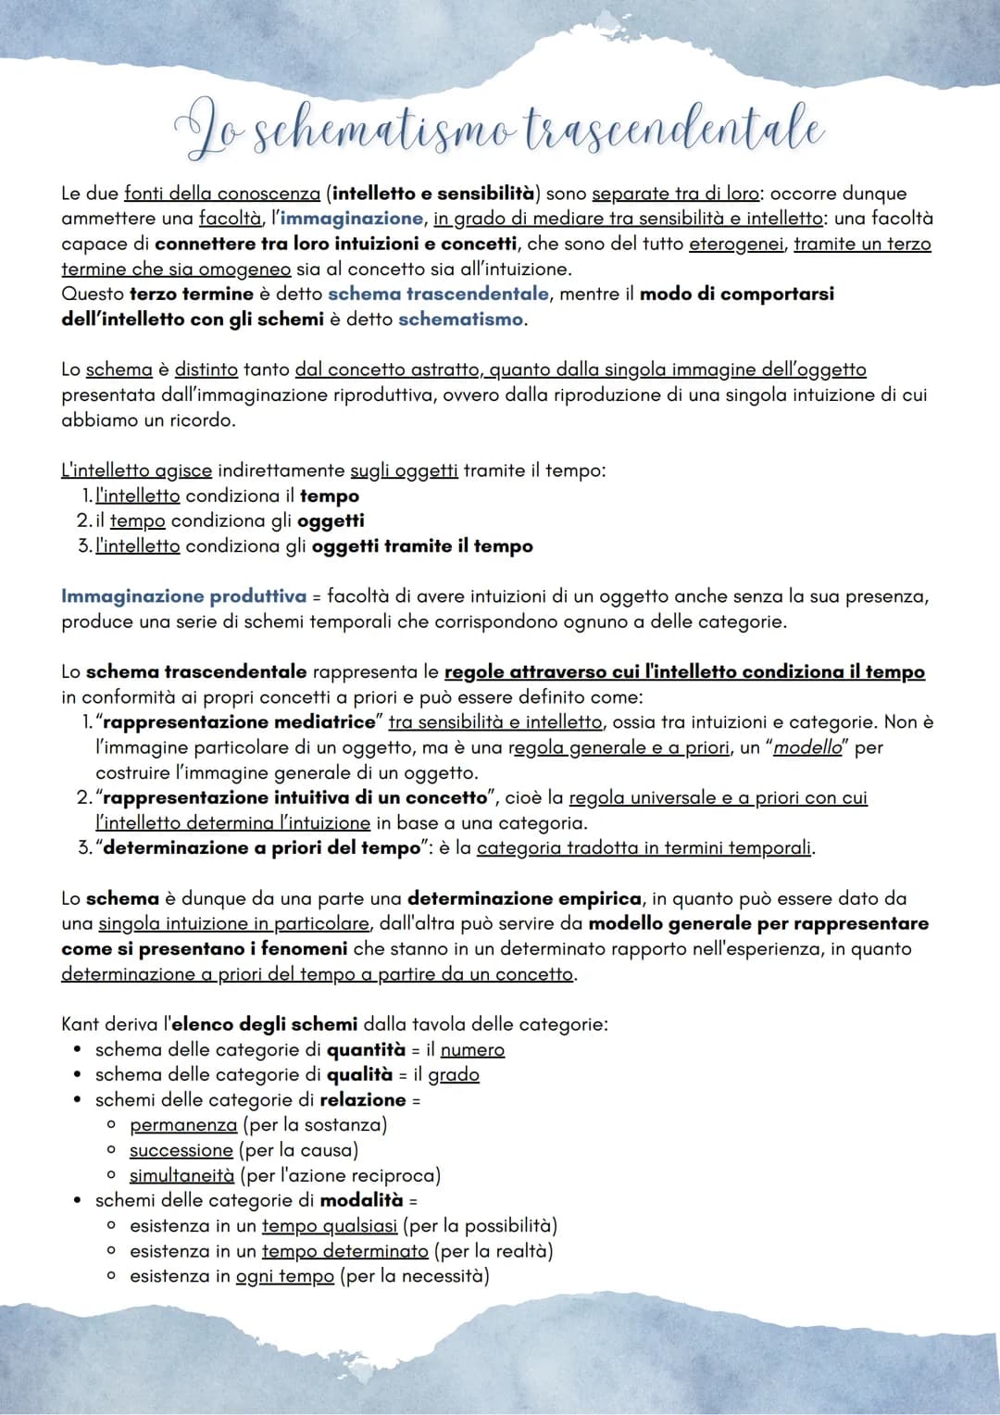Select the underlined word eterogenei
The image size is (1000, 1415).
coord(737,244)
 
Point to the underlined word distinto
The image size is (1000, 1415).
coord(206,369)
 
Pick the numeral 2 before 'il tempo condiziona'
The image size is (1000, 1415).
coord(82,521)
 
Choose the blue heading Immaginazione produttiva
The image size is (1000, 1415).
coord(183,596)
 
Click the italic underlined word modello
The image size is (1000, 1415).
coord(807,747)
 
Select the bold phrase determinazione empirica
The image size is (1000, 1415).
coord(524,898)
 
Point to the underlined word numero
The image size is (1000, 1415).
coord(472,1050)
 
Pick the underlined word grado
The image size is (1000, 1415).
coord(454,1075)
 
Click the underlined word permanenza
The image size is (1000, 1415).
coord(183,1125)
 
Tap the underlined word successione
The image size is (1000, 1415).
coord(181,1150)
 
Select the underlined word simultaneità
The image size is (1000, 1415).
coord(181,1176)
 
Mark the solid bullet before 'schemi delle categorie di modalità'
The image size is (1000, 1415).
coord(78,1201)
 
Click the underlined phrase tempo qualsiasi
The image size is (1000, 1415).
coord(330,1226)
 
